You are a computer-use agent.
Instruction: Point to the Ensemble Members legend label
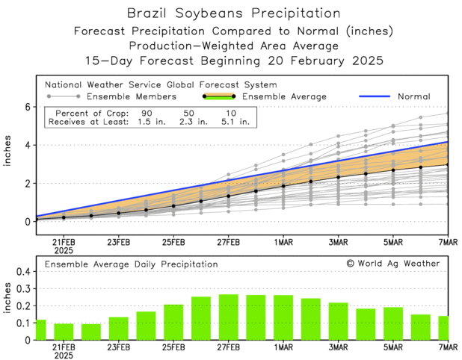[132, 96]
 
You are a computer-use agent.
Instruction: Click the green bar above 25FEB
[173, 322]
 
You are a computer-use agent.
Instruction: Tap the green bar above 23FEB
[118, 329]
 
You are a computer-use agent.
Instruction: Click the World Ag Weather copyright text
[393, 263]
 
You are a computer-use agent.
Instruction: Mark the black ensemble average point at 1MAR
[283, 185]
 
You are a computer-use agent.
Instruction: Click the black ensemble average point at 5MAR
[393, 170]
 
